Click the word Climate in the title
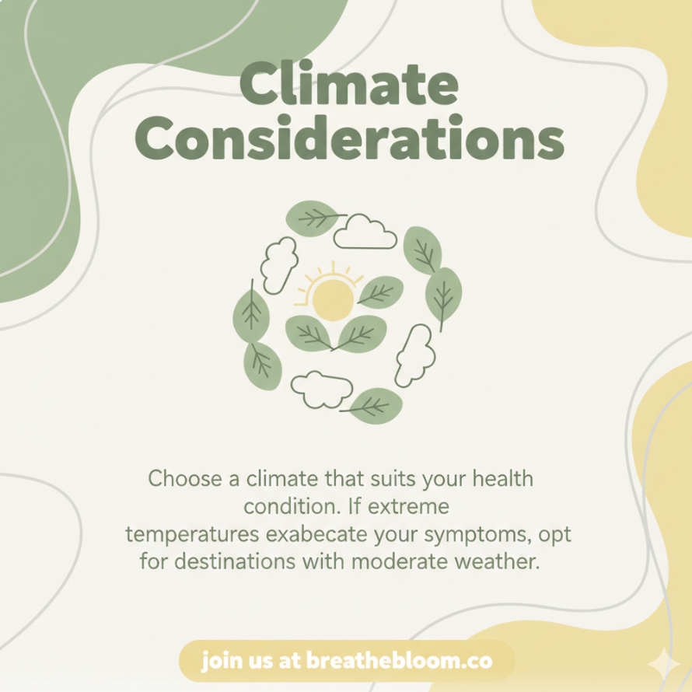coord(349,84)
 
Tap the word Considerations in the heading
coord(350,138)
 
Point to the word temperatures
coord(192,535)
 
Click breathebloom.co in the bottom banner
coord(399,661)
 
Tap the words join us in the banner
coord(237,662)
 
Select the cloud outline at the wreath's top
coord(365,232)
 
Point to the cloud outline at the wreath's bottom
coord(321,389)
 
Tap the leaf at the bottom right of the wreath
coord(373,406)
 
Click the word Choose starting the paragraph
coord(185,478)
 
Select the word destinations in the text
coord(235,561)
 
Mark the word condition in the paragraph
coord(292,506)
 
